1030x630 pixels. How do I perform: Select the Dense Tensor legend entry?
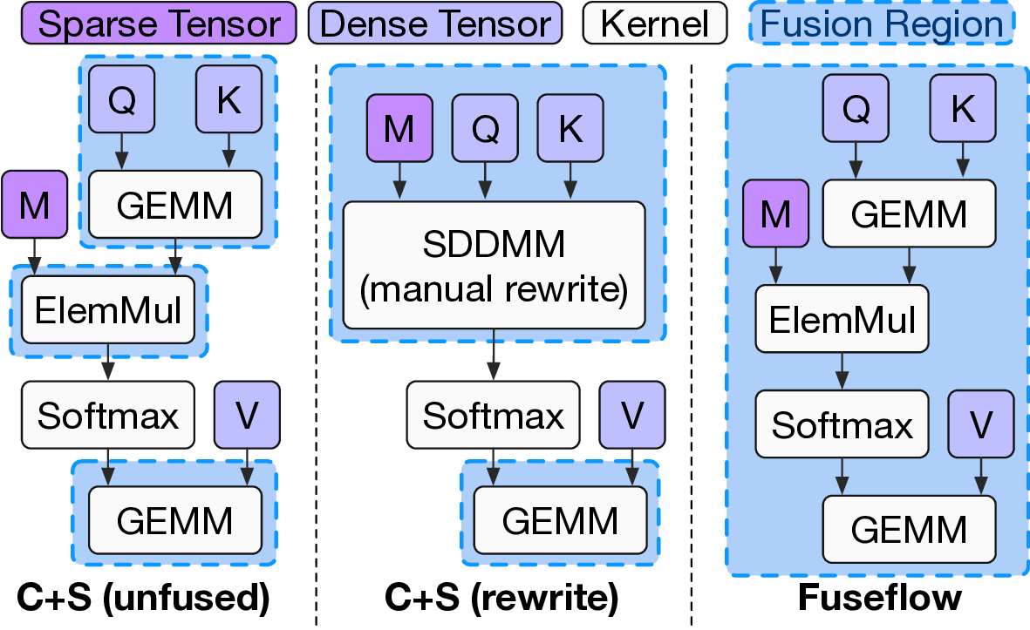(x=433, y=24)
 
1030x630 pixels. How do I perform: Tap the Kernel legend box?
(x=654, y=24)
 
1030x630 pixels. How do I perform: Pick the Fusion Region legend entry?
(x=881, y=24)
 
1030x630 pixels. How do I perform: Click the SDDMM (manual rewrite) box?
(x=494, y=265)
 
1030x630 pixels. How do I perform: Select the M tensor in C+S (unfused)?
(x=34, y=204)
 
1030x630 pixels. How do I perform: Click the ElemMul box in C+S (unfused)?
(x=108, y=309)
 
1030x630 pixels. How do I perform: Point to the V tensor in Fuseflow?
(x=981, y=424)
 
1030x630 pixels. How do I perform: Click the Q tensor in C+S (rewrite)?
(x=484, y=128)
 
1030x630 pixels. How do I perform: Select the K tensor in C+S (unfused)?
(x=229, y=100)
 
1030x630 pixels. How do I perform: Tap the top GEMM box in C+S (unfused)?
(x=174, y=205)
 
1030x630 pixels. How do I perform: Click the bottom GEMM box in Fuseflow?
(x=909, y=528)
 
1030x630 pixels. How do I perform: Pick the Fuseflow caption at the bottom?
(x=879, y=599)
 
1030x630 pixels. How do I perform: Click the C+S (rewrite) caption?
(x=501, y=599)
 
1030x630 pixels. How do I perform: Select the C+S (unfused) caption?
(x=143, y=599)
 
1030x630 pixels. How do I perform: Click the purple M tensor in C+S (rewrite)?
(x=399, y=128)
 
